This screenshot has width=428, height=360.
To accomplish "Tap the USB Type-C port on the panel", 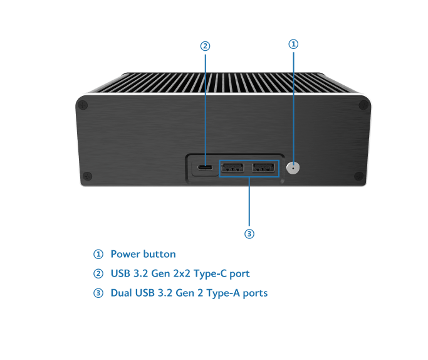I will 204,168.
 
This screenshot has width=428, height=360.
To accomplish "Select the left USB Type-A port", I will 233,167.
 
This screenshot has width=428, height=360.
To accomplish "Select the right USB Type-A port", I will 263,167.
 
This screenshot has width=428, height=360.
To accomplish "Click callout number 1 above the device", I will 293,45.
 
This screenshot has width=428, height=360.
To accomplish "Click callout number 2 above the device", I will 205,46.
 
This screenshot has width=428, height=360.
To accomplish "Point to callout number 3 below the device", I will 249,234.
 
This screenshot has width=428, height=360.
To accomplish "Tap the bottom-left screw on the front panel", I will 88,176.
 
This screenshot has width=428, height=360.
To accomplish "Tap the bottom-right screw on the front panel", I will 358,176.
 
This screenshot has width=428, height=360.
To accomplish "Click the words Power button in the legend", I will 143,254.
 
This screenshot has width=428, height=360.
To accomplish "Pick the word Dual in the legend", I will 121,293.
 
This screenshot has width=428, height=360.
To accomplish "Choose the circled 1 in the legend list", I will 98,254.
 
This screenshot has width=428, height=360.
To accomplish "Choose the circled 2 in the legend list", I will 98,273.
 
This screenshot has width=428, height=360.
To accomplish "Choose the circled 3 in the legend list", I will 98,293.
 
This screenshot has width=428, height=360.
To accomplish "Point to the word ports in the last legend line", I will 254,294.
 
